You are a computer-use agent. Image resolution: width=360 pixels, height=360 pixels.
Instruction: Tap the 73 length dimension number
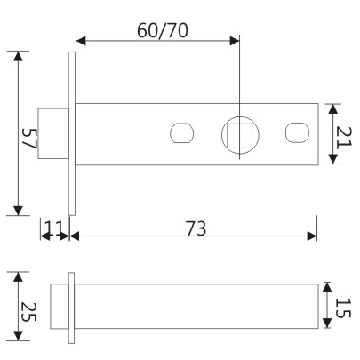tap(196, 228)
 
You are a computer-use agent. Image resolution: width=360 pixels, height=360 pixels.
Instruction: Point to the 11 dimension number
tap(55, 228)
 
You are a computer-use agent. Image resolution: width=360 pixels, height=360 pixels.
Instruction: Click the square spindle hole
tap(239, 134)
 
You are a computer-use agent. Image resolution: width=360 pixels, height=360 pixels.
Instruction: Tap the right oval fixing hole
tap(297, 133)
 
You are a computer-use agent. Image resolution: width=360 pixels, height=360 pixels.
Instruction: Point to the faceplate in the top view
tap(72, 132)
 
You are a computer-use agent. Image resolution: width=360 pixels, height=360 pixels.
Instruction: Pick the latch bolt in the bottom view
tap(59, 305)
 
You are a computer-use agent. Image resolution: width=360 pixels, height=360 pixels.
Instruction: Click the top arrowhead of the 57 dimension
tap(17, 55)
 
